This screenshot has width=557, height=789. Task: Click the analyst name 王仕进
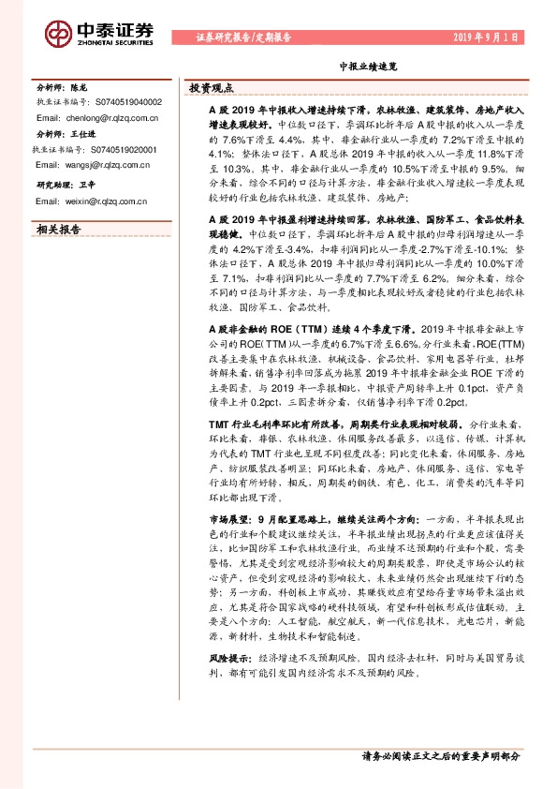tap(86, 134)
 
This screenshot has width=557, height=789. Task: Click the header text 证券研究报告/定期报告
tap(243, 38)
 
